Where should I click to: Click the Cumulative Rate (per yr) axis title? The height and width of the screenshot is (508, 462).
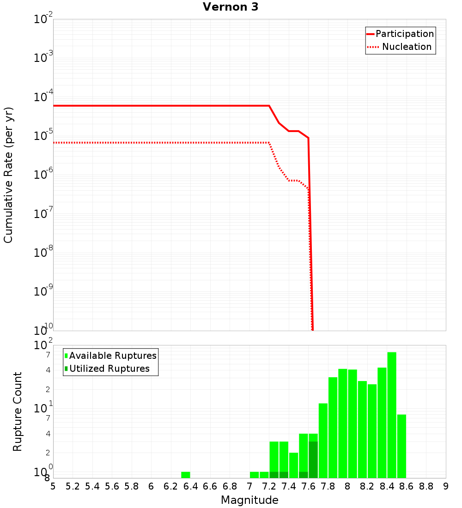8,175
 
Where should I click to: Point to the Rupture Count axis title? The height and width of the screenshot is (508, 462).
18,411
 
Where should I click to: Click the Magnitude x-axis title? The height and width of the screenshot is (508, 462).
249,500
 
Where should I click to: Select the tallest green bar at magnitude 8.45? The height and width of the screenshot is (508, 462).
392,415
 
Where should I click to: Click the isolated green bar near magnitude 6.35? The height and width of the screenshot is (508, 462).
185,475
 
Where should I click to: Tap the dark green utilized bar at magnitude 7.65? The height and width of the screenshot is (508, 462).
313,460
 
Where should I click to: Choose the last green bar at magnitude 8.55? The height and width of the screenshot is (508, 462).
401,446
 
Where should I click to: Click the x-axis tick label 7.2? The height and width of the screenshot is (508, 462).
269,486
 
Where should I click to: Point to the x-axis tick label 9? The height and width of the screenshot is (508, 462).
446,486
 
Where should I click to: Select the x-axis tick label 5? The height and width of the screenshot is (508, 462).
53,486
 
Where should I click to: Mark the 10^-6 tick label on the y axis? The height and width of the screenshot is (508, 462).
43,175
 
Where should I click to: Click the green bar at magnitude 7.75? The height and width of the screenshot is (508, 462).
323,441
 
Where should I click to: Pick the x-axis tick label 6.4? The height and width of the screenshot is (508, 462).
190,486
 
